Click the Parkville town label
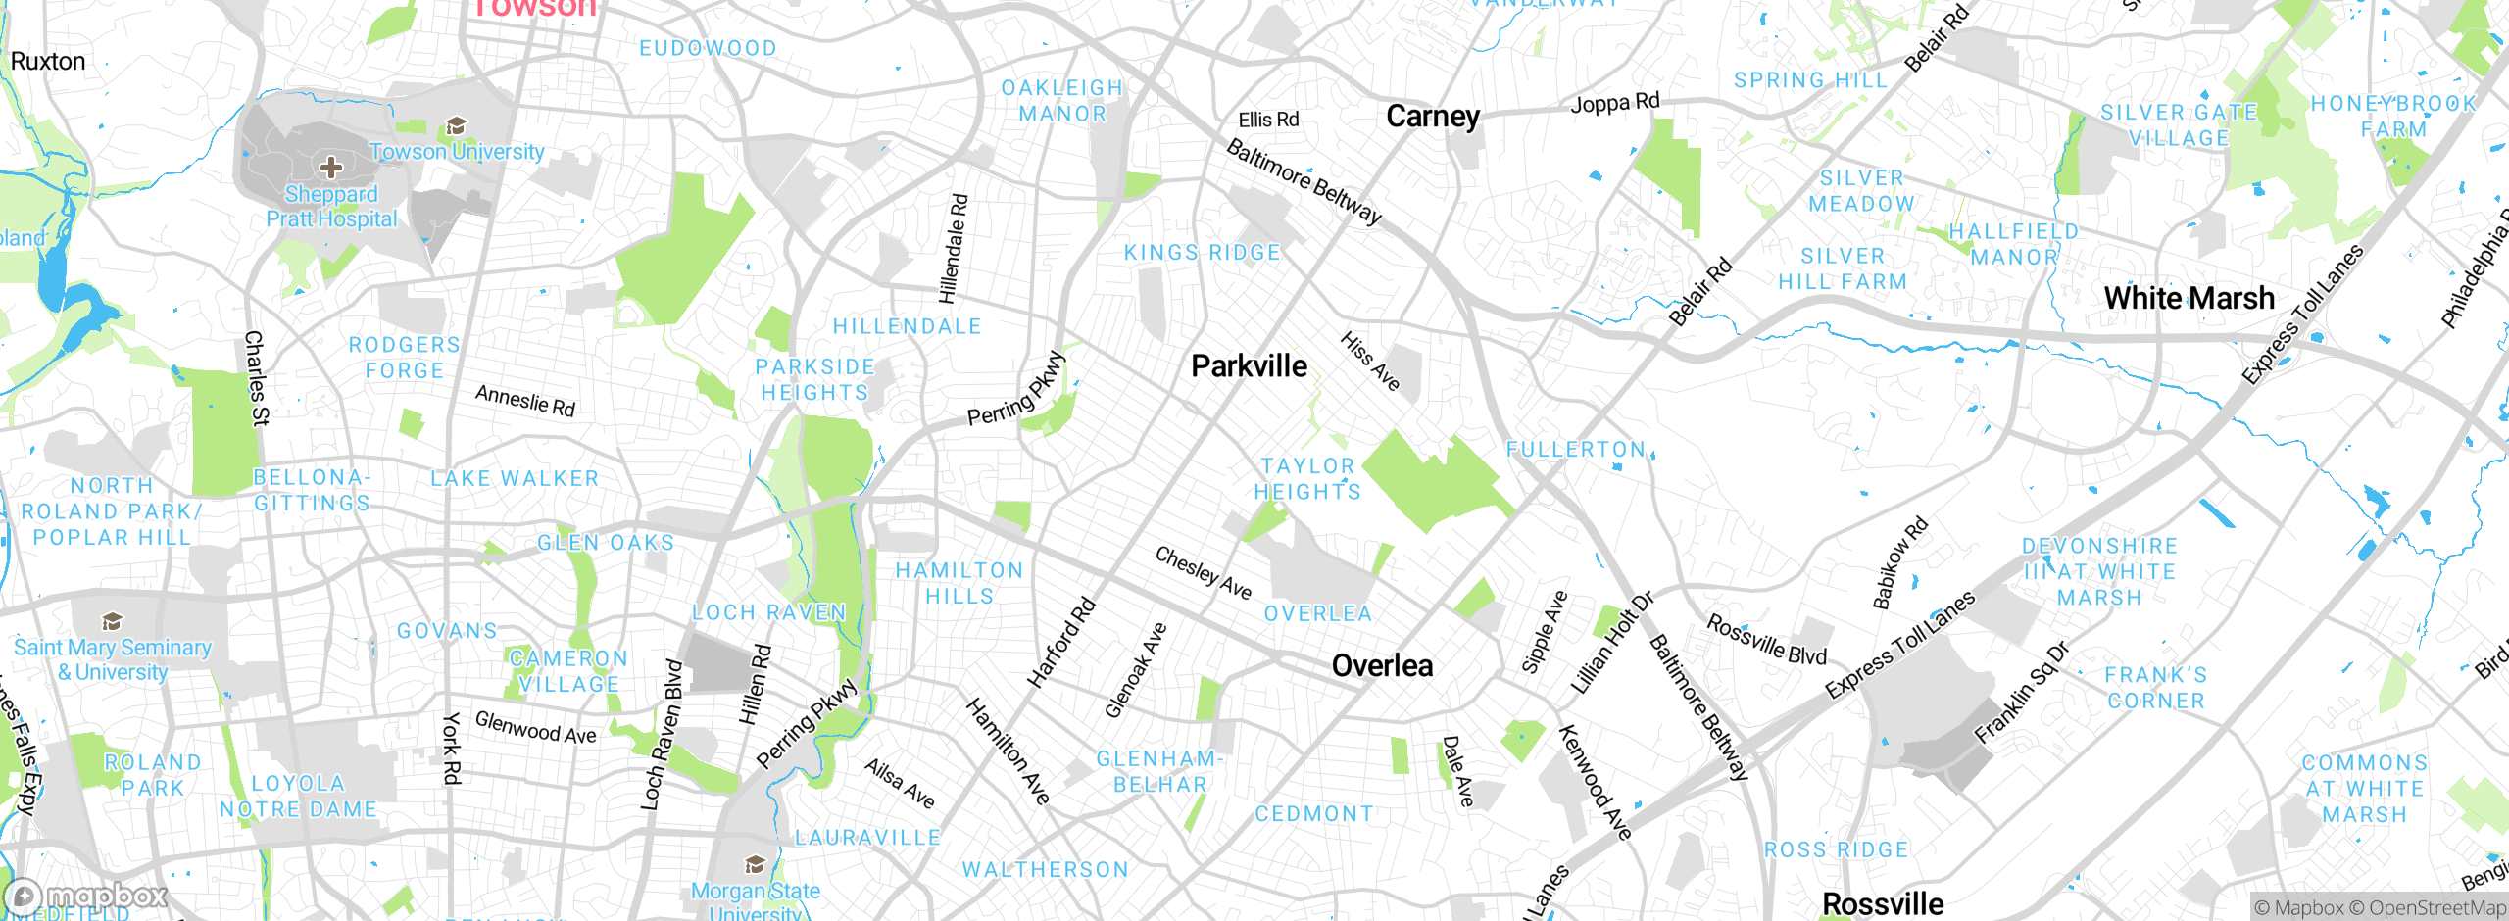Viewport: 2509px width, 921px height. tap(1249, 366)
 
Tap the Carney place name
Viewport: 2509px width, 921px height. tap(1432, 117)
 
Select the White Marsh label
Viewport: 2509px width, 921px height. tap(2189, 298)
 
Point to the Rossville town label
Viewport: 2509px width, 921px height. tap(1882, 902)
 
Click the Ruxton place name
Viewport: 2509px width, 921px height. tap(48, 62)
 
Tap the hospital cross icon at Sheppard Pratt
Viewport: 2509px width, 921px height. tap(331, 167)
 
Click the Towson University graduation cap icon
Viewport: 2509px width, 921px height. tap(455, 126)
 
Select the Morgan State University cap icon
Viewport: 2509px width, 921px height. tap(755, 865)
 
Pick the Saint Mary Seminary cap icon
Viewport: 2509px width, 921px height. tap(112, 622)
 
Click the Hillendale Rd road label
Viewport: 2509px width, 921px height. tap(954, 249)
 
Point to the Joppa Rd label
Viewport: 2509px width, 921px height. tap(1615, 102)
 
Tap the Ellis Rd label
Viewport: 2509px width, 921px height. tap(1268, 120)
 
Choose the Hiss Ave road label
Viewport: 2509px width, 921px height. tap(1369, 361)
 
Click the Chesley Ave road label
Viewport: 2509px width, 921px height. tap(1203, 572)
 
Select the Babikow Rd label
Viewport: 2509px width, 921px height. tap(1899, 563)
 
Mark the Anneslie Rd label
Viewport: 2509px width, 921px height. tap(524, 400)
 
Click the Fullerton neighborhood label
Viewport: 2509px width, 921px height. tap(1575, 450)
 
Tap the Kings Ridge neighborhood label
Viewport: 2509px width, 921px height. tap(1202, 253)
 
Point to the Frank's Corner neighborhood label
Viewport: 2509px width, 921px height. tap(2156, 688)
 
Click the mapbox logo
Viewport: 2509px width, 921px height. tap(86, 896)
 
